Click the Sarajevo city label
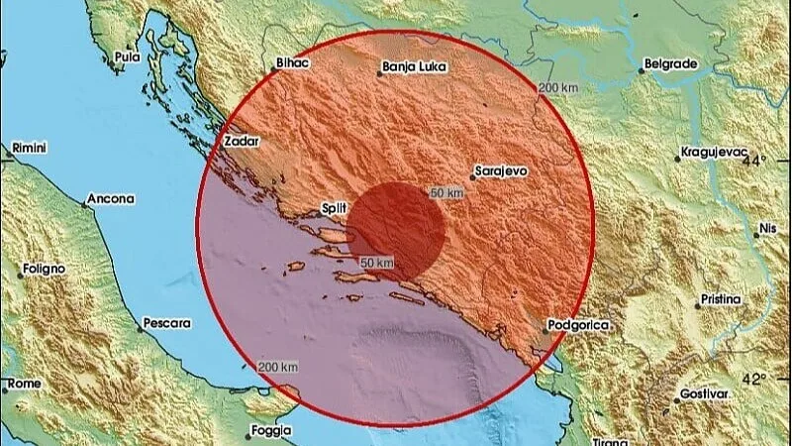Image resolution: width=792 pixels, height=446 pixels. click(502, 170)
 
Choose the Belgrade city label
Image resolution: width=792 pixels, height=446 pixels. click(671, 63)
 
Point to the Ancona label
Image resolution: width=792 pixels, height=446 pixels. click(110, 199)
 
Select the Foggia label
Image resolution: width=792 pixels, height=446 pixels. click(270, 431)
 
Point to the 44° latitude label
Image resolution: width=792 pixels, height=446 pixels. click(755, 160)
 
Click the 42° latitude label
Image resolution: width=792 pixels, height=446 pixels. click(755, 379)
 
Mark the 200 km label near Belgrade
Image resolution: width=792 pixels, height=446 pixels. click(557, 88)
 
